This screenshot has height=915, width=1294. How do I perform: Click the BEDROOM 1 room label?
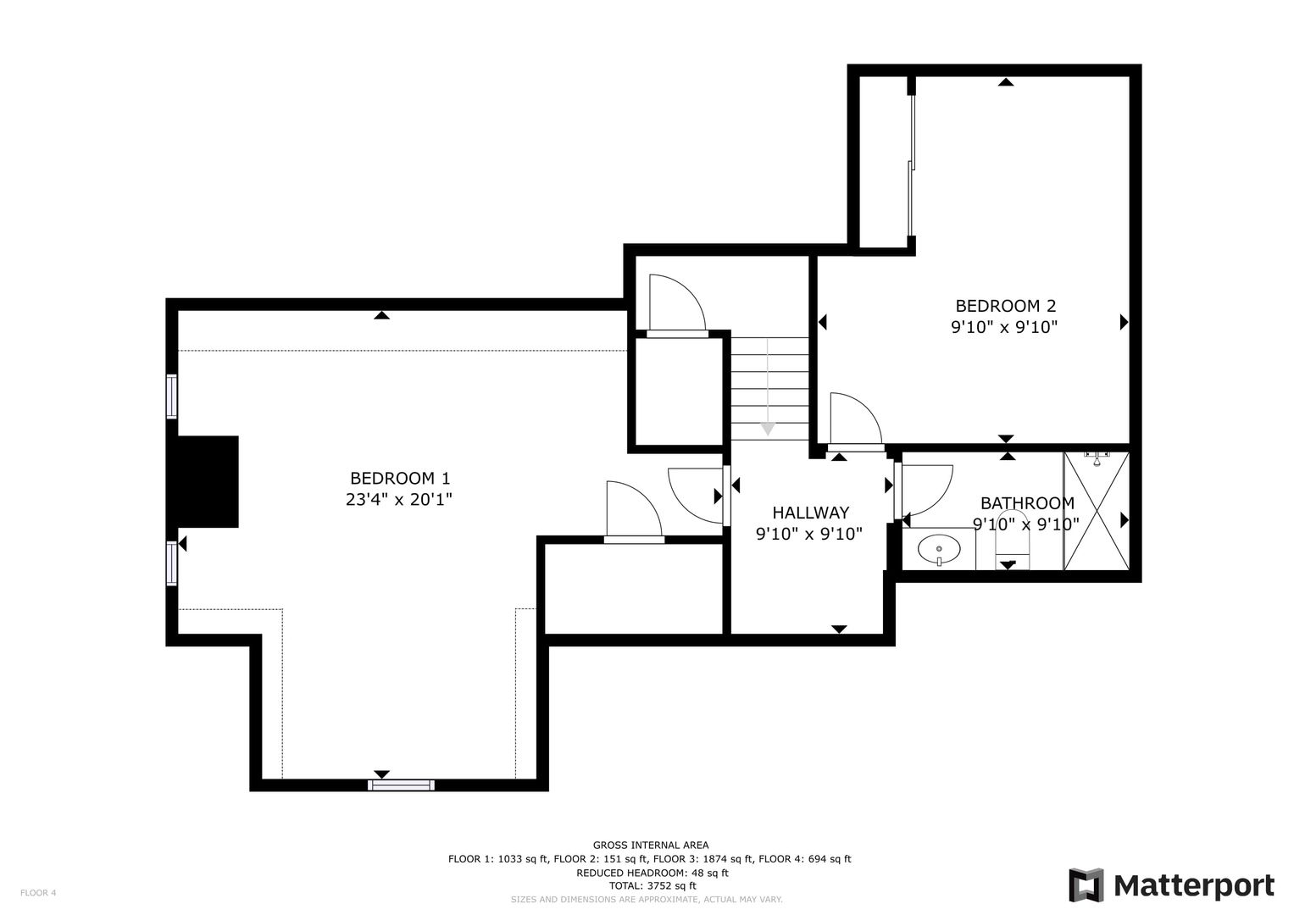coord(400,479)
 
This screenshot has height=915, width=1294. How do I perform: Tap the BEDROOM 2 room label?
coord(1006,306)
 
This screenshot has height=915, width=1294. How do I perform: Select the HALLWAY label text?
coord(810,513)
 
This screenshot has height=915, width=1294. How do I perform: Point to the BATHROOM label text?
coord(1027,503)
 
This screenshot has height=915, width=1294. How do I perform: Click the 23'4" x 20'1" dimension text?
coord(398,499)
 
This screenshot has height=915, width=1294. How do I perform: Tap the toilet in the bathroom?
coord(1012,541)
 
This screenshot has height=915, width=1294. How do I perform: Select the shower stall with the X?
coord(1096,511)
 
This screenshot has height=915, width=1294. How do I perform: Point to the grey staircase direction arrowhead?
coord(767,429)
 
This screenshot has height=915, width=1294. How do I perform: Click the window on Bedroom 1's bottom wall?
coord(402,785)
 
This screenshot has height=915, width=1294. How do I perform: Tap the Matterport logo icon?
coord(1086,885)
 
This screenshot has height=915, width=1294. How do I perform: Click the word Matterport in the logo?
coord(1194,886)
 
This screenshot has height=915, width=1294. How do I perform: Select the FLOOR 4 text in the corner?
coord(38,892)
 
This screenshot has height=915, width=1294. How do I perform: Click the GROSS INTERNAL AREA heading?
coord(651,846)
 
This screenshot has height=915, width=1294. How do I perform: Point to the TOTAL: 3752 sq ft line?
coord(653,885)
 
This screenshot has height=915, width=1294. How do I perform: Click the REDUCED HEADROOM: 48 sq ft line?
coord(653,873)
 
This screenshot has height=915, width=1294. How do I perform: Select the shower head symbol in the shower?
coord(1097,458)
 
